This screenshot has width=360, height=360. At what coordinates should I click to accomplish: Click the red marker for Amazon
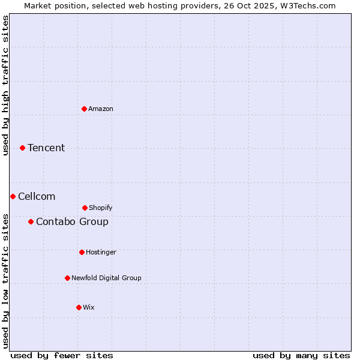[84, 109]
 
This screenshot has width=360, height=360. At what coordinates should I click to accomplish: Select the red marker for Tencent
[22, 148]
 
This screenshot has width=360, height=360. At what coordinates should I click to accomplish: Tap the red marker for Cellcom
[13, 196]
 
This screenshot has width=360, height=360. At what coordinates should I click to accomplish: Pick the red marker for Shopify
[85, 208]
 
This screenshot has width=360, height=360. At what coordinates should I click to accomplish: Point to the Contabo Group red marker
[31, 221]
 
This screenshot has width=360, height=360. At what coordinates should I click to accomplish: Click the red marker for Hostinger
[82, 252]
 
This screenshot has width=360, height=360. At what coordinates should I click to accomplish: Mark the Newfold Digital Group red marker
[67, 278]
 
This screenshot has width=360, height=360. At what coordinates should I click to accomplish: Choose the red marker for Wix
[79, 307]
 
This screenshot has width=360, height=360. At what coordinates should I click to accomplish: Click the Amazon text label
[101, 109]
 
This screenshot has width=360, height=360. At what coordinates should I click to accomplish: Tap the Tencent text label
[46, 148]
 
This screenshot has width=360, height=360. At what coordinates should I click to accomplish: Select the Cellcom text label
[37, 196]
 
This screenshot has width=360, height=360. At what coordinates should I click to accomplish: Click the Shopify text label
[101, 208]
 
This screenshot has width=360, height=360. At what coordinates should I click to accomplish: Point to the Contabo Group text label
[72, 221]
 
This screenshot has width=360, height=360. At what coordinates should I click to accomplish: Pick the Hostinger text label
[101, 252]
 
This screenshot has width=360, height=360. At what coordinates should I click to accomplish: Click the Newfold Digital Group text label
[106, 278]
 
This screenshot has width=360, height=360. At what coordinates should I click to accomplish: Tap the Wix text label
[89, 307]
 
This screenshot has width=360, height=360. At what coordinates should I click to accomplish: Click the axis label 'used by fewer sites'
[62, 355]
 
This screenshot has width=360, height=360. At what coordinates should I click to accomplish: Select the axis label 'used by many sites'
[301, 355]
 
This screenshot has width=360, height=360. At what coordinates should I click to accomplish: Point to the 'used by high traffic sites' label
[5, 85]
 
